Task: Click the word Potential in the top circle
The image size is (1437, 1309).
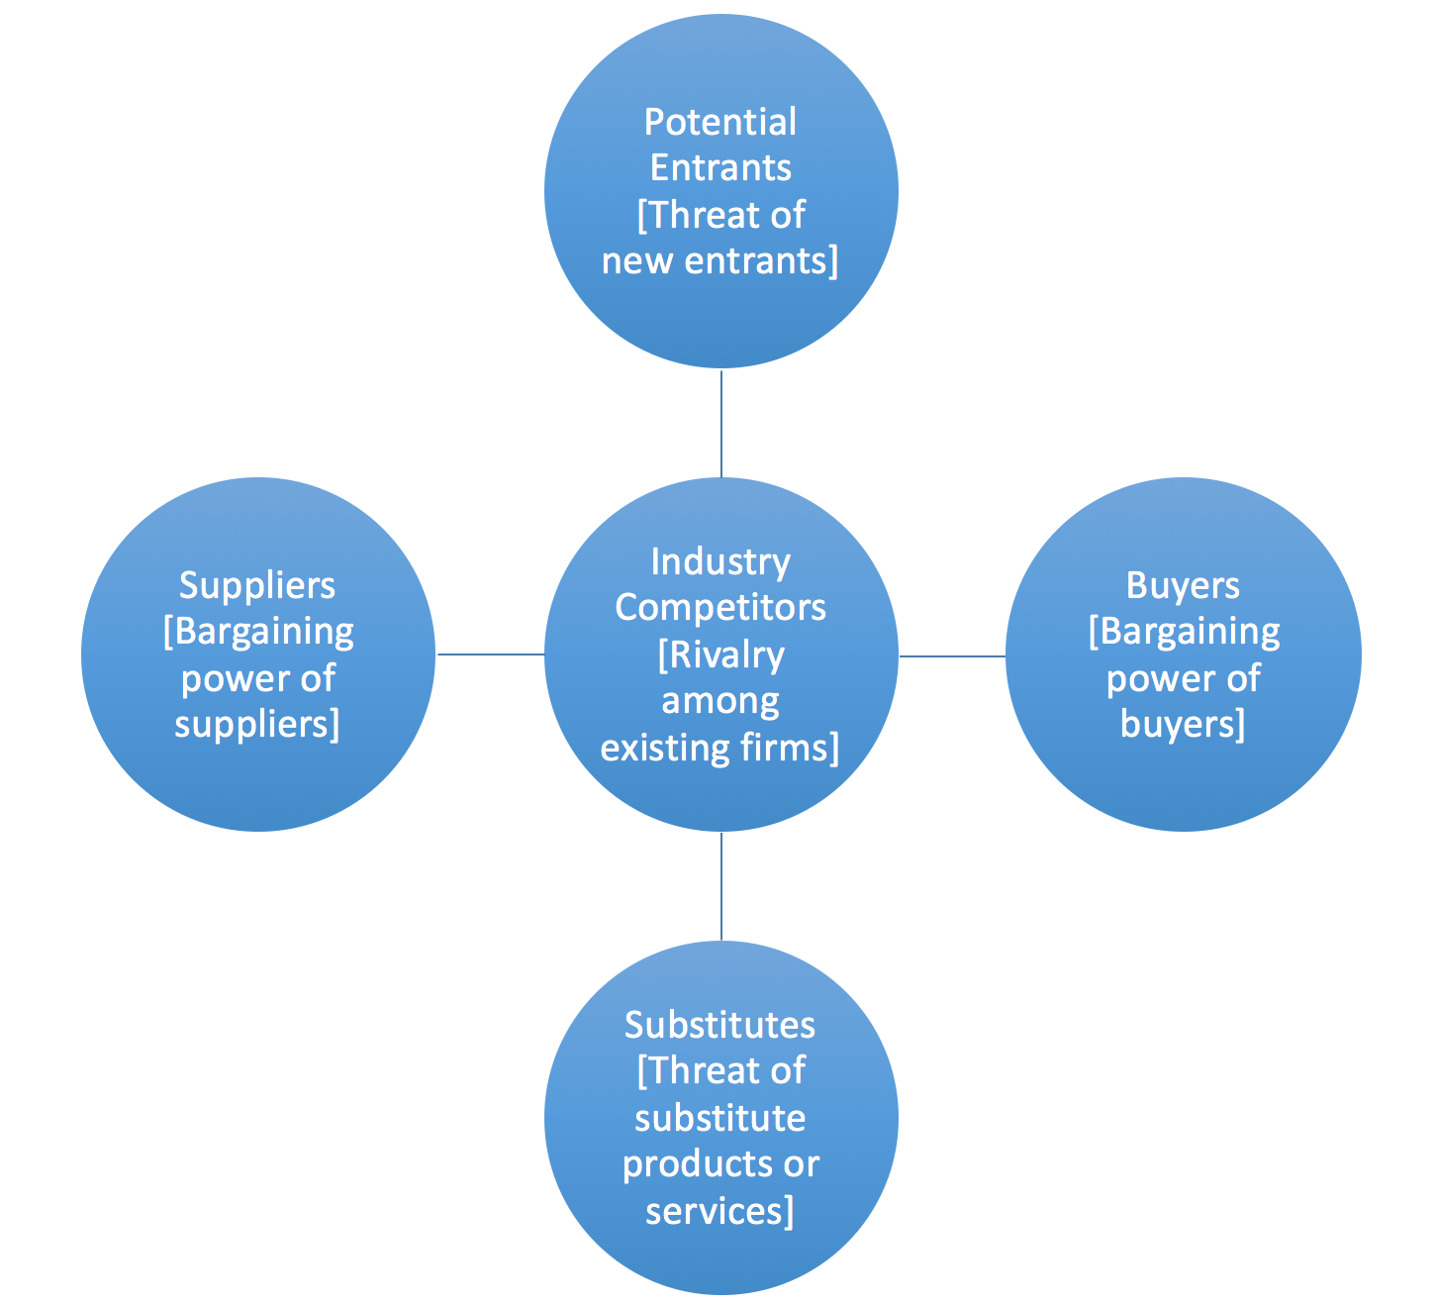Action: [x=719, y=123]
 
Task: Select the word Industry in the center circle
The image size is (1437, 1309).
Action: [x=719, y=562]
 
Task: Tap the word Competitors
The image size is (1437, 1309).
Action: [x=719, y=607]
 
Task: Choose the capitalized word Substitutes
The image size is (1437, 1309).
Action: [x=719, y=1025]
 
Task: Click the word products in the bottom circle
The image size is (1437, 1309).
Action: [x=690, y=1163]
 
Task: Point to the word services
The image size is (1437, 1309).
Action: [x=715, y=1210]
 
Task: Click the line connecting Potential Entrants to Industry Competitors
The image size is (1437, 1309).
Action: [x=721, y=424]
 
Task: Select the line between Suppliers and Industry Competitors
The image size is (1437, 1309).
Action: [x=490, y=654]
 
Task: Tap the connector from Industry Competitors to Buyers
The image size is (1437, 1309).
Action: [x=952, y=655]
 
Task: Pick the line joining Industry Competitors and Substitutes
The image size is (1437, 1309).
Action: [x=721, y=886]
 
